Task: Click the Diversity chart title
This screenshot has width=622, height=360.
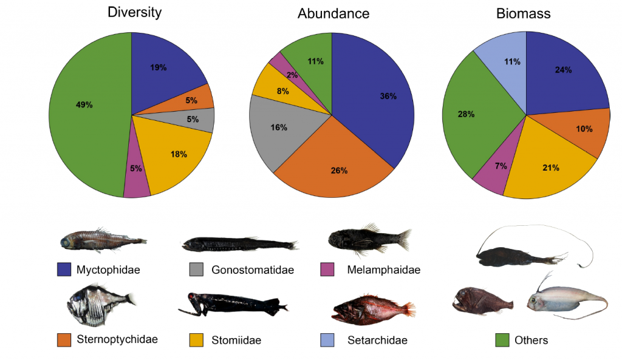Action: click(134, 13)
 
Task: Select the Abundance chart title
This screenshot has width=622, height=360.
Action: click(333, 14)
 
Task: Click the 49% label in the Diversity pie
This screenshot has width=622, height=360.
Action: click(84, 105)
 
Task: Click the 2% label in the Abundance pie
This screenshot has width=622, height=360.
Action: click(292, 75)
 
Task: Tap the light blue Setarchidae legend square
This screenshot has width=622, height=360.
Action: click(327, 340)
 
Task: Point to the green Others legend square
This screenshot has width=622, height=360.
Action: click(504, 340)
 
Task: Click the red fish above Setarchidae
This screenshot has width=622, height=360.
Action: click(372, 310)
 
